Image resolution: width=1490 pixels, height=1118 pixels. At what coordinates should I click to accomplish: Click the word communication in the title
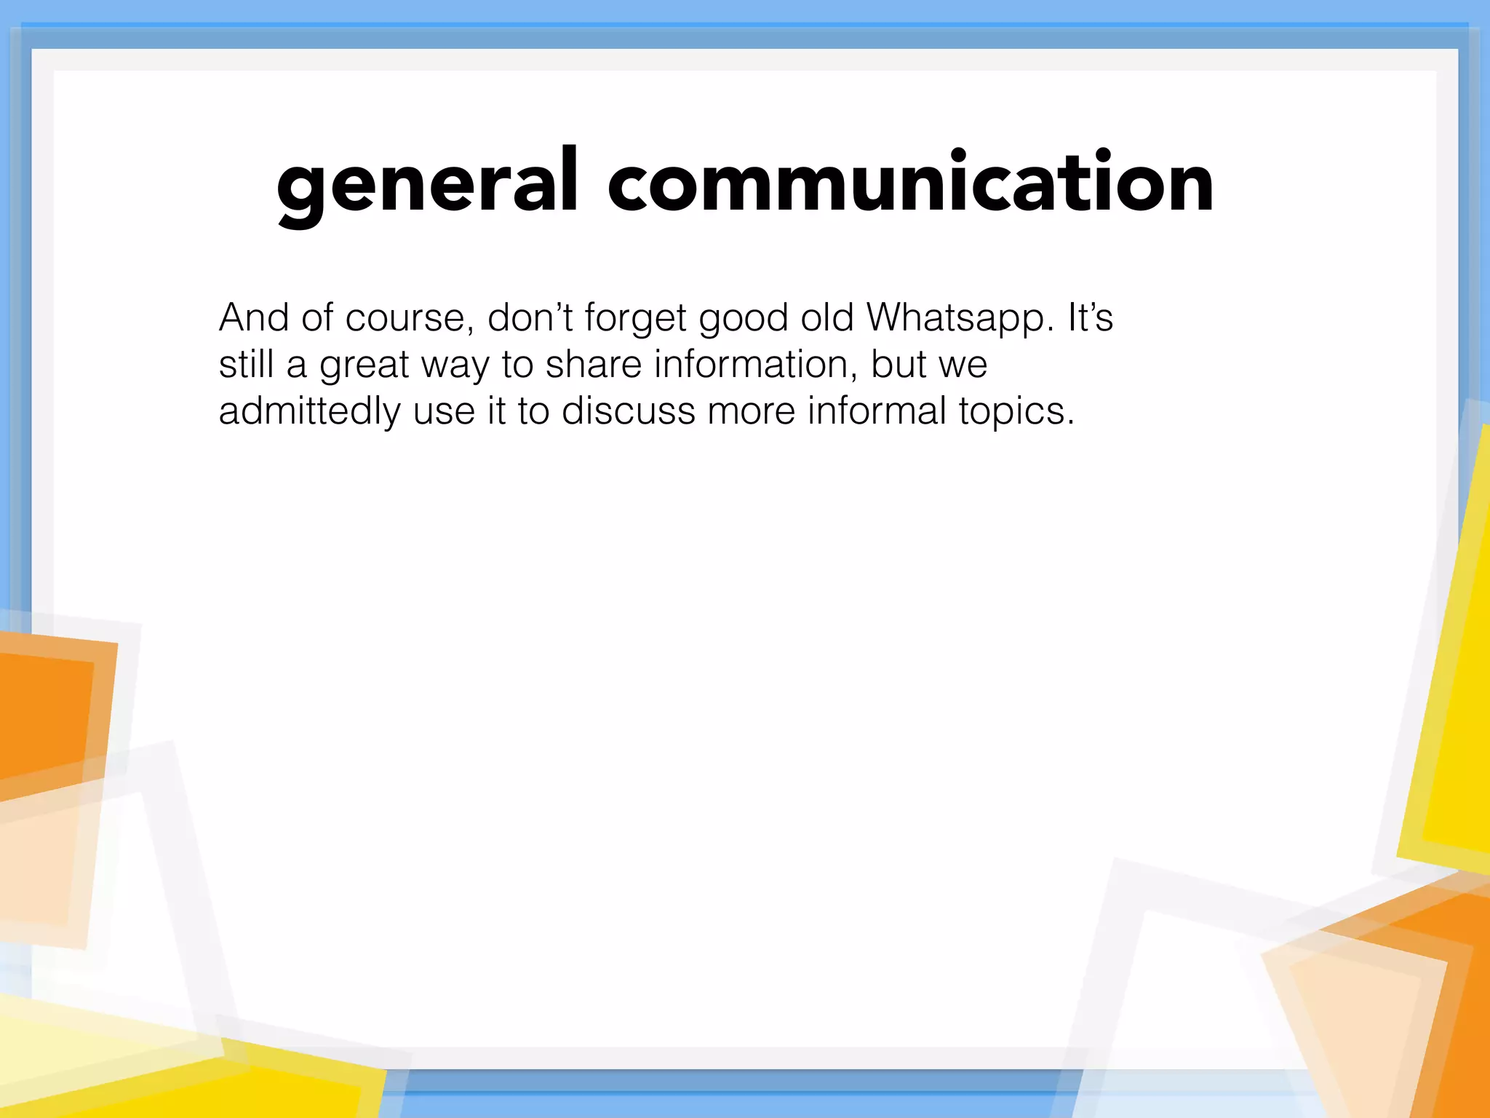tap(910, 182)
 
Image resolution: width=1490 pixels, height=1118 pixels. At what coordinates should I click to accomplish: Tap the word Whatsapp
tap(960, 318)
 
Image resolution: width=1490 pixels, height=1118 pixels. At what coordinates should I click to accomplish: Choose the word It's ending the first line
tap(1090, 317)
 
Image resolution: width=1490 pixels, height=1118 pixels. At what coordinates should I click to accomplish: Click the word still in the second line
tap(246, 364)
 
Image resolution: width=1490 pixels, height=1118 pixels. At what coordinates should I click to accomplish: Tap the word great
tap(364, 365)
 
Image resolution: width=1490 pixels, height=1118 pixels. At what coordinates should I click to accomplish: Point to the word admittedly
tap(309, 411)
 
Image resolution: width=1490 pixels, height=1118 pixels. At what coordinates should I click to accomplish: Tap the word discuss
tap(629, 411)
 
